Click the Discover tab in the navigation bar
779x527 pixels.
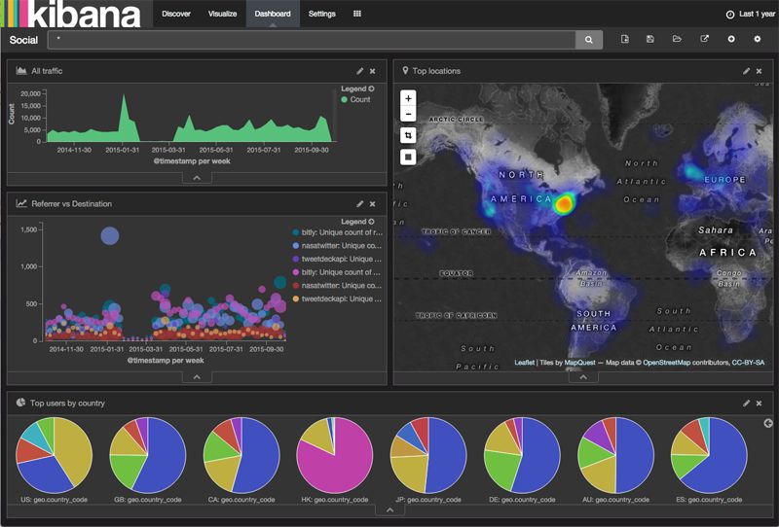[176, 15]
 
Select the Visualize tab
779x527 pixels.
[221, 15]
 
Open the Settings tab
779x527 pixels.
[322, 15]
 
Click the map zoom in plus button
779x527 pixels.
[408, 98]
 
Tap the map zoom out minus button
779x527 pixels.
[408, 115]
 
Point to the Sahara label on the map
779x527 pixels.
[716, 229]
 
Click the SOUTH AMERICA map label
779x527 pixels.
[593, 320]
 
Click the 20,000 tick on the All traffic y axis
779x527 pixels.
[30, 93]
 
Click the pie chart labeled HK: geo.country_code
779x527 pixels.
[335, 455]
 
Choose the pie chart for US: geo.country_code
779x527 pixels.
[54, 455]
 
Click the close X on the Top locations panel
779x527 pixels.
[760, 71]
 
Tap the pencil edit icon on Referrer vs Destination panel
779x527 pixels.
[359, 203]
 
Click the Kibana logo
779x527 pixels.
[72, 15]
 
